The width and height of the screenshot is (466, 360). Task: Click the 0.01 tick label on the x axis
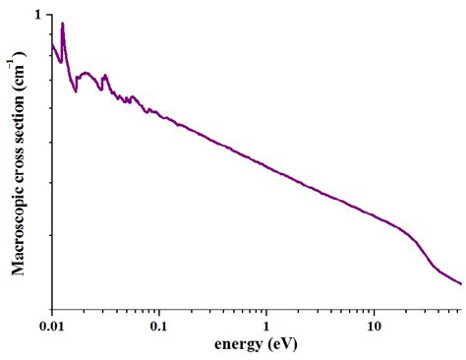pyautogui.click(x=51, y=325)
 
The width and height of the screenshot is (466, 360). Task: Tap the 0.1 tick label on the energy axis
pyautogui.click(x=159, y=325)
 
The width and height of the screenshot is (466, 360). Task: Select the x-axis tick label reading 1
pyautogui.click(x=266, y=325)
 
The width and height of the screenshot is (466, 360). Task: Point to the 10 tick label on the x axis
pyautogui.click(x=374, y=325)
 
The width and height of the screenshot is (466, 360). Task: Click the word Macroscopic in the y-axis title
pyautogui.click(x=19, y=222)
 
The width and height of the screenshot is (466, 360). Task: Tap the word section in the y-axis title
pyautogui.click(x=19, y=107)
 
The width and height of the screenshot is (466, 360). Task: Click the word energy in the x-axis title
pyautogui.click(x=240, y=345)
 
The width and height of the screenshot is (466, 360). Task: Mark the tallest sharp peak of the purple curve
pyautogui.click(x=63, y=24)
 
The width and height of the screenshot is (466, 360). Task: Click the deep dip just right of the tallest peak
pyautogui.click(x=76, y=91)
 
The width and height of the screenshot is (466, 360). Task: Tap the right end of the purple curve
pyautogui.click(x=460, y=284)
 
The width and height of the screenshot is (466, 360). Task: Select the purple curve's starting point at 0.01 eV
pyautogui.click(x=52, y=44)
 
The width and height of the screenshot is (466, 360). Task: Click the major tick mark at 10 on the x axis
pyautogui.click(x=374, y=308)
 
